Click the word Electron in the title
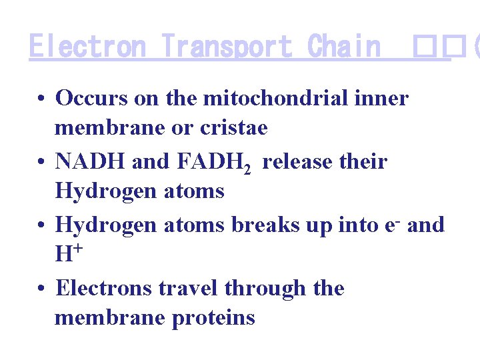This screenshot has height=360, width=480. [87, 47]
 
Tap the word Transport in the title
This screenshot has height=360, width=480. [227, 47]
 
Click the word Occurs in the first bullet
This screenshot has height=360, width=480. [91, 99]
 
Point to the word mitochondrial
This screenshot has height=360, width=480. [275, 99]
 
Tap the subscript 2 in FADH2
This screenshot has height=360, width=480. [247, 169]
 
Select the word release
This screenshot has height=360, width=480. [291, 162]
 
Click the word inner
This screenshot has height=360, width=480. [381, 99]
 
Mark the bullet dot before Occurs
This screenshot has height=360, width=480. [41, 99]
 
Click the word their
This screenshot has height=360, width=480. [363, 162]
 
